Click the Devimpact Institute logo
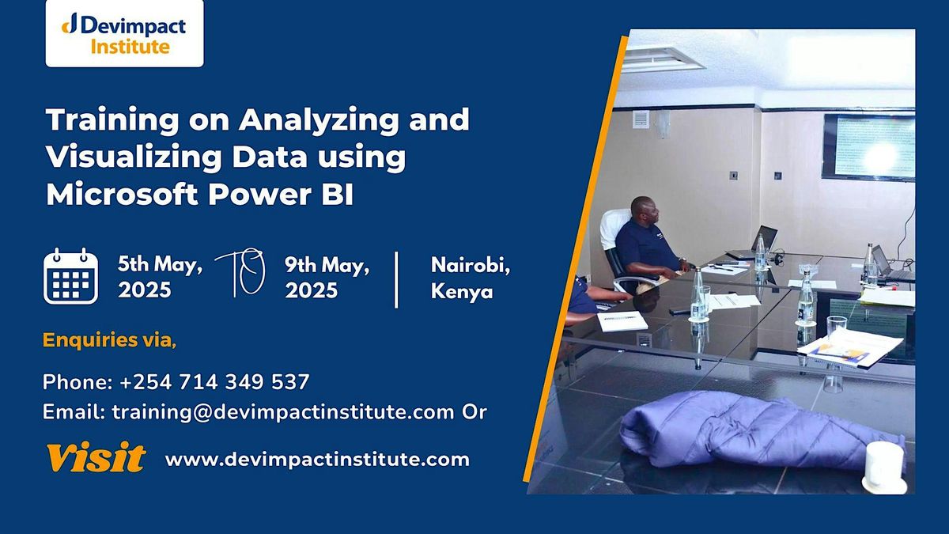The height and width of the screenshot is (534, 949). click(124, 34)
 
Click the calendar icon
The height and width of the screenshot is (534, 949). click(70, 276)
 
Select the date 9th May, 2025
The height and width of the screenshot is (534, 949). click(327, 277)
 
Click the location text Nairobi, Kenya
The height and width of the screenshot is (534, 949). click(470, 278)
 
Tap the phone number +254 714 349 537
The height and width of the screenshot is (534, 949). click(214, 382)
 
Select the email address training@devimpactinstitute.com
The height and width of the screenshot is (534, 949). click(283, 411)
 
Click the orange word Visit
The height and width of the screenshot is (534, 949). click(95, 457)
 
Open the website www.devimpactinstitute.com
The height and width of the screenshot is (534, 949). click(316, 459)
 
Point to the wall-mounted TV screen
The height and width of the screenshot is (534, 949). click(868, 147)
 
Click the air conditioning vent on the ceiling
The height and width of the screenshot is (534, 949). click(663, 59)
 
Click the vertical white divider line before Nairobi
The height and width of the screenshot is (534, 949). click(396, 278)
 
